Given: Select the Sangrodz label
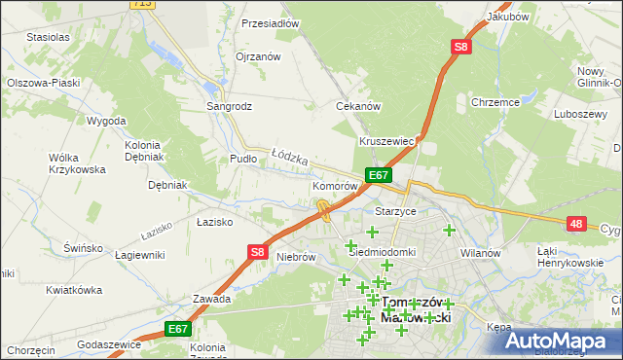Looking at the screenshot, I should point(229,106).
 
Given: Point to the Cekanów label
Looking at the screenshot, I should point(357,106).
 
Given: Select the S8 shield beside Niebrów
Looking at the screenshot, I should point(256,252).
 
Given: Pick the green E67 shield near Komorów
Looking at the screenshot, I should point(379,175).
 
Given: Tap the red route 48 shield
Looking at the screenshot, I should point(577,224).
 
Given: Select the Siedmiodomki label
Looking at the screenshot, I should point(383,251).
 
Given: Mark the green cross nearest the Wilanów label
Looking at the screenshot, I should point(449,231).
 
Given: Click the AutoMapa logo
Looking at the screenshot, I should point(559,342).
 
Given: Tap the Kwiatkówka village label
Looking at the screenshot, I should point(74,290).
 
